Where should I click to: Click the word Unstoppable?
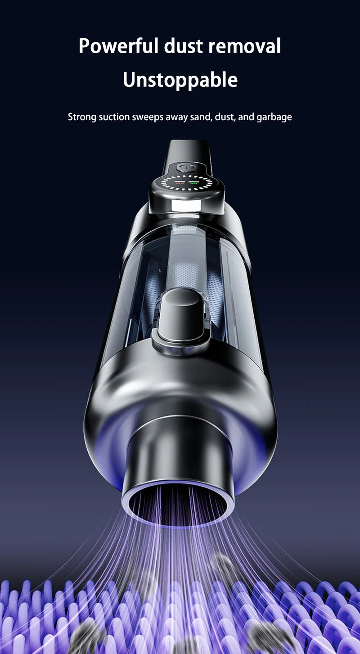180,80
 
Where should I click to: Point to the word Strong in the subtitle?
82,117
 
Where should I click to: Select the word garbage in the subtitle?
274,117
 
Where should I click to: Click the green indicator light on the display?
193,184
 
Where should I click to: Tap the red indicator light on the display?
179,184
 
